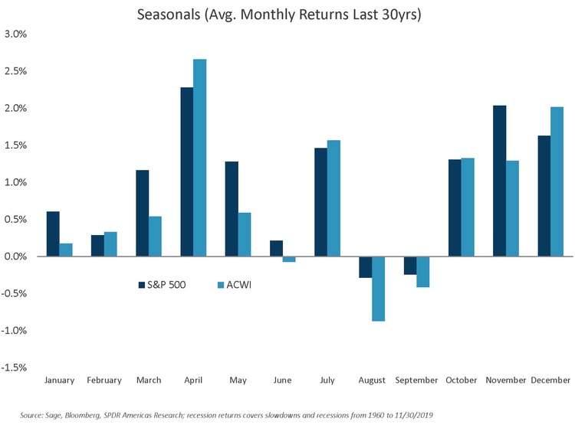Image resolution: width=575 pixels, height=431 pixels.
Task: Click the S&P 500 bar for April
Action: (x=186, y=172)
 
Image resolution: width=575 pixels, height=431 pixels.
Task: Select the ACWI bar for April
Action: (x=199, y=158)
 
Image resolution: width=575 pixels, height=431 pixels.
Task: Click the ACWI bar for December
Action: (x=557, y=181)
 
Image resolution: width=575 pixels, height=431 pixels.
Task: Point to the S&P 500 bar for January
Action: (x=53, y=233)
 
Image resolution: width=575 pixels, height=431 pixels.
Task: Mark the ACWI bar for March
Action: (x=155, y=237)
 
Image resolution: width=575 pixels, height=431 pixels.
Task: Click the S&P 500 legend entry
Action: (x=163, y=285)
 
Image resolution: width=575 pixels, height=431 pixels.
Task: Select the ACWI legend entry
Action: (x=233, y=285)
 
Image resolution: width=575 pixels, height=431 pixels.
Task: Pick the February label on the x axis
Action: (x=104, y=380)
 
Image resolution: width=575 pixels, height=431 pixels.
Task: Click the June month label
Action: (x=281, y=380)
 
